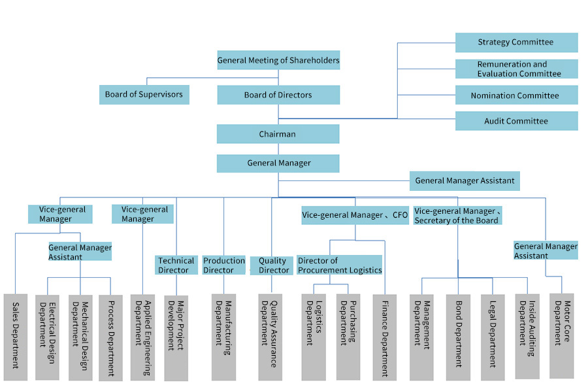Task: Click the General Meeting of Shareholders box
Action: pos(278,60)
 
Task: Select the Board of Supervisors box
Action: pos(144,95)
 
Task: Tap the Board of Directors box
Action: pos(278,95)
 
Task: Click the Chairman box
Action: pos(278,134)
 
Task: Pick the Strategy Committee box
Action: pos(516,42)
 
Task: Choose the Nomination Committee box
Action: pos(516,95)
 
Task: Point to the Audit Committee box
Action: pos(516,121)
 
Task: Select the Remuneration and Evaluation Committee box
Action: pos(516,69)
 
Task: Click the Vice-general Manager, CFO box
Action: pos(355,215)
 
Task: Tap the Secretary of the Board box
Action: pos(457,216)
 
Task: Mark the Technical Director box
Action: pos(176,265)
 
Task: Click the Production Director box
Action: pos(223,265)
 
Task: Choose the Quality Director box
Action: pos(271,265)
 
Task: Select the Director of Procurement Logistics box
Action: pos(339,265)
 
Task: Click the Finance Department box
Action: pos(385,337)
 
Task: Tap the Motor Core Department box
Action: pos(562,335)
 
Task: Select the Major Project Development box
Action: pos(176,337)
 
